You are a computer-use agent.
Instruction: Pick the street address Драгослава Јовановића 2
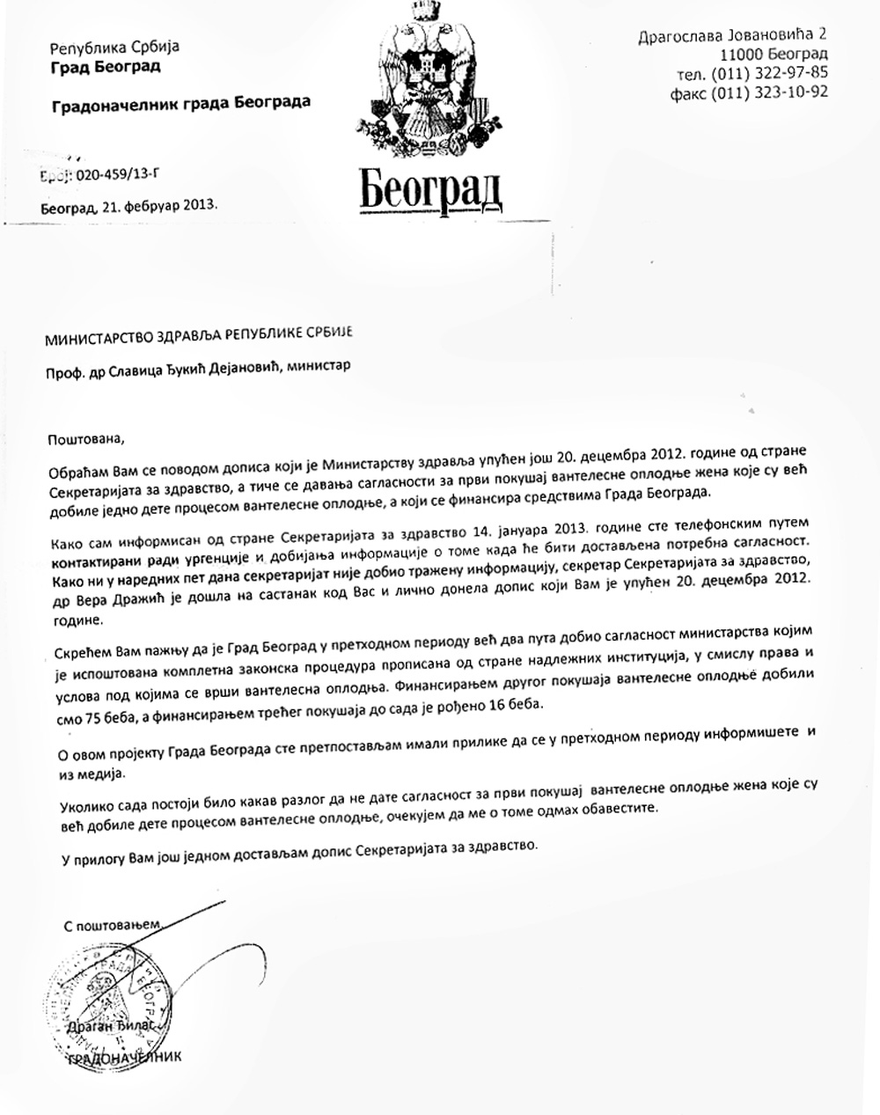[732, 35]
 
